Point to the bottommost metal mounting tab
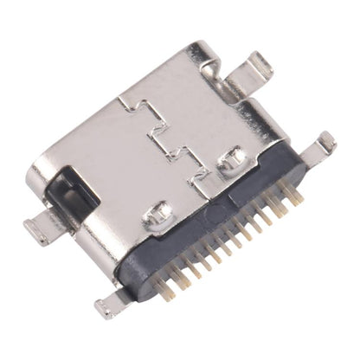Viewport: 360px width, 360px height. pos(109,305)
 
